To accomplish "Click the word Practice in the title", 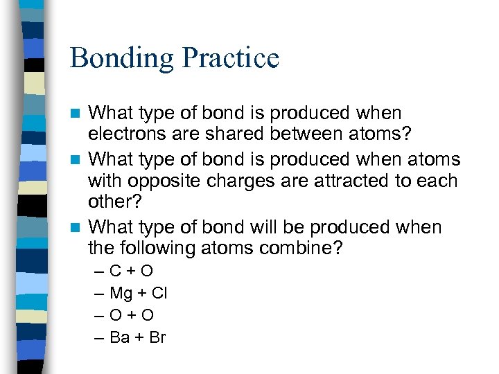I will (229, 57).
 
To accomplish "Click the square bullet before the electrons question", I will (79, 113).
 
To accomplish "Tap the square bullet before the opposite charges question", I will (79, 159).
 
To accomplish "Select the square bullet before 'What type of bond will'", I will (79, 227).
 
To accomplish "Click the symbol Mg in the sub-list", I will (121, 294).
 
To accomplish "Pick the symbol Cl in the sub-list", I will (159, 293).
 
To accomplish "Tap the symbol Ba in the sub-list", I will (119, 338).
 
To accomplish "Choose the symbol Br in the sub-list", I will (157, 338).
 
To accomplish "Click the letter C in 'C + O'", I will (116, 271).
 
